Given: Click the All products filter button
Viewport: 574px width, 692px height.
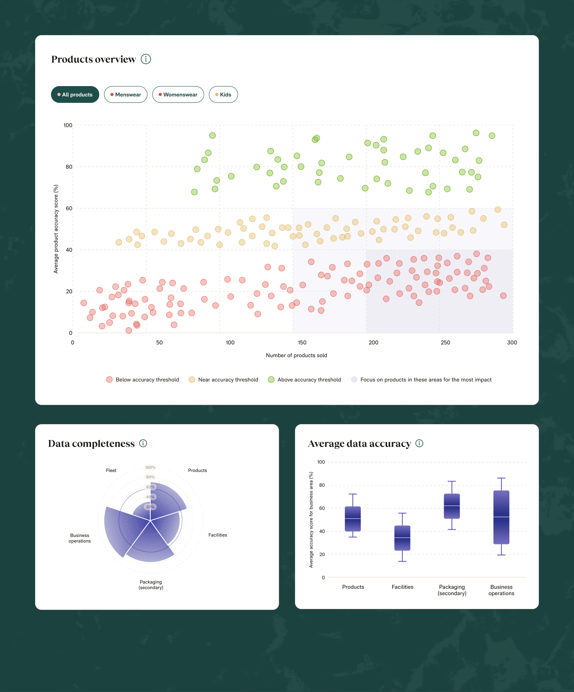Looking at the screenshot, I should tap(75, 94).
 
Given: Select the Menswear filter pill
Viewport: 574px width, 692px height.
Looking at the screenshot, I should tap(126, 94).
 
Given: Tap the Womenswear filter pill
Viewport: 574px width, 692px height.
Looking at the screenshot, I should tap(178, 94).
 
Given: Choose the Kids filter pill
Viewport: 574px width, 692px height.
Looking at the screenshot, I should tap(223, 94).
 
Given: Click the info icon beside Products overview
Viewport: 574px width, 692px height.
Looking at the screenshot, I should tap(146, 59).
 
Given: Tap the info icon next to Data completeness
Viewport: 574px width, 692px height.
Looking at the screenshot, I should tap(143, 443).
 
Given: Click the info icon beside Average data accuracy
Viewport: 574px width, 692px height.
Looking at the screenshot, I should tap(419, 443).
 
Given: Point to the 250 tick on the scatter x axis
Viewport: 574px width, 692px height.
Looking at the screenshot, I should tap(445, 342).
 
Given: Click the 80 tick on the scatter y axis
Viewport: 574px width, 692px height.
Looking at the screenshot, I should tap(69, 167).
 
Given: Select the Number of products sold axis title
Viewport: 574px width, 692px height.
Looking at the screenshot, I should tap(296, 355).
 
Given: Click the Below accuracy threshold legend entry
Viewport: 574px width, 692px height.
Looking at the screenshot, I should tap(143, 379).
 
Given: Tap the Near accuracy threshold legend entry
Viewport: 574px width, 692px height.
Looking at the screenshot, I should tap(224, 379).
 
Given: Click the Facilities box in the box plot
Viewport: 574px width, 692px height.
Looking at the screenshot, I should tap(402, 538).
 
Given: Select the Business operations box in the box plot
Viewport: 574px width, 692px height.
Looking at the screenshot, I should tap(501, 517).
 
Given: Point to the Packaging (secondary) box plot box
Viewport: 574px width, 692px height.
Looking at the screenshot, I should tap(452, 506).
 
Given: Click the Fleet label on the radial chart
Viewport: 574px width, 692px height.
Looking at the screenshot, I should tap(111, 470).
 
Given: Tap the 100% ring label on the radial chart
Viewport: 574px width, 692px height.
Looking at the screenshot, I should tap(150, 468).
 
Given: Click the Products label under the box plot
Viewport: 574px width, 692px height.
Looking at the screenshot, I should tap(353, 587).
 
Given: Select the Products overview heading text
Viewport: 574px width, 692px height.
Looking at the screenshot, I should tap(94, 59).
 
